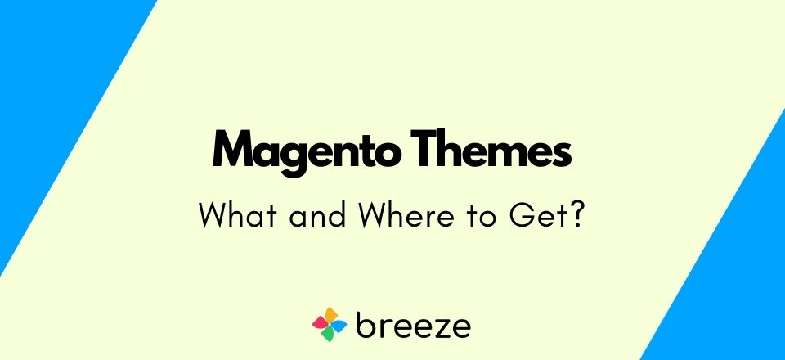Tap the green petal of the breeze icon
click(327, 335)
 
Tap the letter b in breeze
click(366, 323)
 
